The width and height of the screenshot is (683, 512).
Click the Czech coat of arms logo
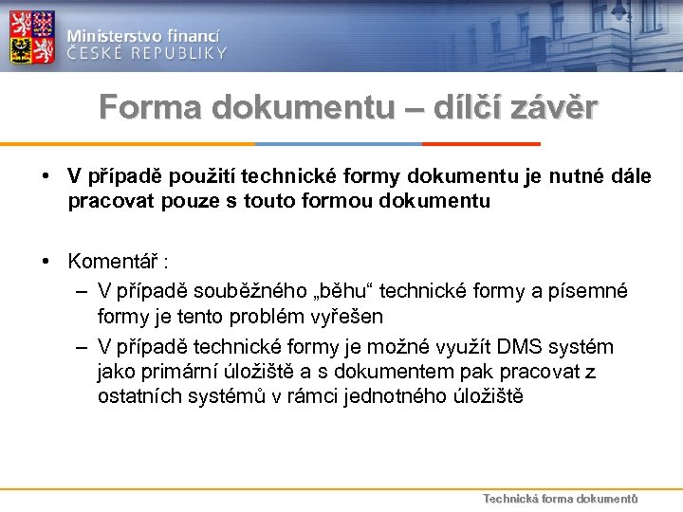click(31, 37)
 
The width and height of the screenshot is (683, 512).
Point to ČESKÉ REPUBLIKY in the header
click(148, 53)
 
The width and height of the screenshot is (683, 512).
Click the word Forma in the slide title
click(151, 108)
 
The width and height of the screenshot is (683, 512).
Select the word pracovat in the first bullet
click(108, 200)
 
